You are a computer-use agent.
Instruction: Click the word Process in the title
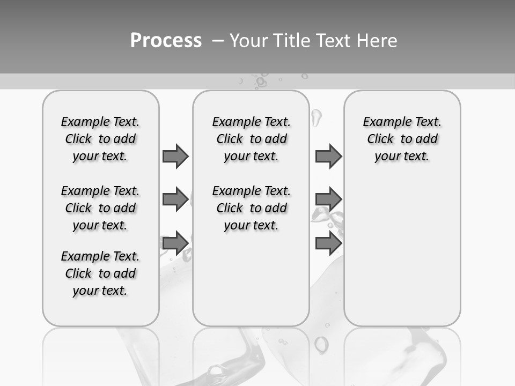click(166, 41)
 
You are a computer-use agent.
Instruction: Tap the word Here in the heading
click(377, 41)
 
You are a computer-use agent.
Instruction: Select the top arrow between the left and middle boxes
click(175, 156)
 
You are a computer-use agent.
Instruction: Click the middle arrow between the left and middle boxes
click(175, 199)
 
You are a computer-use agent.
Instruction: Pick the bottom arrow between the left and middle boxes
click(175, 243)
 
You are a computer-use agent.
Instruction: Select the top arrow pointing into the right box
click(328, 156)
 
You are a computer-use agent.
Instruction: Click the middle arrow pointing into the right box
click(328, 199)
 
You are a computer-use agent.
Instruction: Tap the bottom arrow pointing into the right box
click(328, 243)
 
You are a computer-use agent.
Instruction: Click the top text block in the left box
click(100, 139)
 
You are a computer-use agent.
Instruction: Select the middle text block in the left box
click(100, 208)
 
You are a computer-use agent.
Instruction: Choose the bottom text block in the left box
click(100, 273)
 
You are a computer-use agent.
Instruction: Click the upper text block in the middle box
click(251, 139)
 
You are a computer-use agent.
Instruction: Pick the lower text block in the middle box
click(251, 208)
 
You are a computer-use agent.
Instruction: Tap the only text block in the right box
click(402, 139)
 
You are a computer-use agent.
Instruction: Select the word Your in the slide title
click(249, 41)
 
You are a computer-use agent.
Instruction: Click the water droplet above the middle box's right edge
click(316, 118)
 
